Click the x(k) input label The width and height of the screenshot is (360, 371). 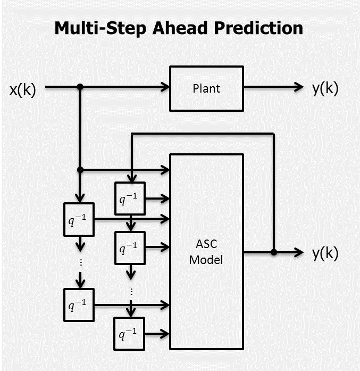point(22,89)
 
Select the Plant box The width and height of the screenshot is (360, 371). point(206,88)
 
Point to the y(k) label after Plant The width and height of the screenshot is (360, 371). point(325,88)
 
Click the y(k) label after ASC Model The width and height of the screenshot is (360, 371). point(325,254)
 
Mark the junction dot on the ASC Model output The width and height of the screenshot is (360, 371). point(274,252)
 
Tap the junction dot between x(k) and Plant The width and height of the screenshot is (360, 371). point(80,87)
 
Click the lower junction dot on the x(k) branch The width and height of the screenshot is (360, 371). point(80,170)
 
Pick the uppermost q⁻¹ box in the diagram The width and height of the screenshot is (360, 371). point(130,198)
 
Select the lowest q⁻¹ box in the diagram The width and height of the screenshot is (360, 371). point(130,333)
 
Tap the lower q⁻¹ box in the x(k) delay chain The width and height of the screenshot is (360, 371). point(79,305)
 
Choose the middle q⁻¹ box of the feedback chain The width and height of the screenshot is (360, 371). point(130,247)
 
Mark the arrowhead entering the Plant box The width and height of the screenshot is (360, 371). point(164,87)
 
